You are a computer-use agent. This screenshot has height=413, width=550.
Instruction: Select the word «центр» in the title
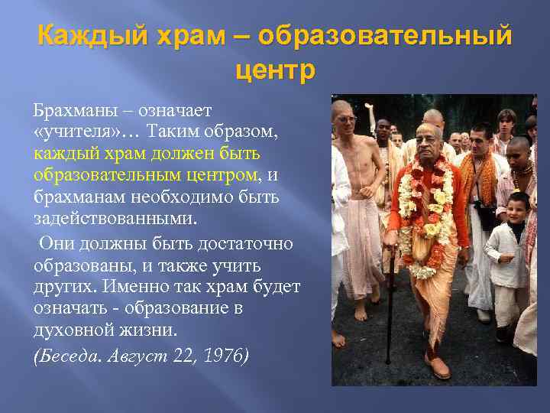coord(274,70)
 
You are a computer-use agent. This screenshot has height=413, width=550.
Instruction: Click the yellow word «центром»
coord(224,175)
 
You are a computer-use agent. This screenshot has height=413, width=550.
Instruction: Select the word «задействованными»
coord(115,218)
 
